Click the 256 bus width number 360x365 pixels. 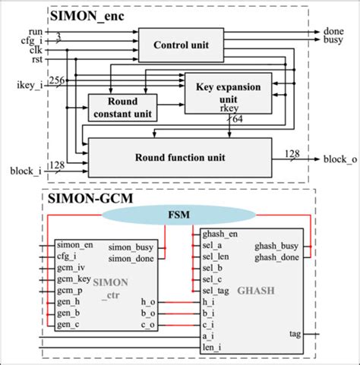(x=56, y=78)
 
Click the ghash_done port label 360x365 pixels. (x=278, y=258)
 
